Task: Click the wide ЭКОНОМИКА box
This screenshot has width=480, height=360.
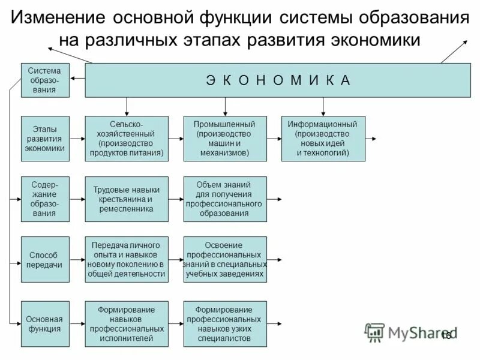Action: [278, 80]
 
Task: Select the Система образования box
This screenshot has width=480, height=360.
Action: [45, 80]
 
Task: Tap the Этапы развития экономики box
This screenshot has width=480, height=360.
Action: [45, 139]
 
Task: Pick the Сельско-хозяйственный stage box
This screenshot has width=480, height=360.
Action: [127, 139]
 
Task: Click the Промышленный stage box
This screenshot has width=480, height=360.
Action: [225, 139]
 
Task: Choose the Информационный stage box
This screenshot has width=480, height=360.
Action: [323, 139]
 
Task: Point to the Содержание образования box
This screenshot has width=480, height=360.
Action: [45, 199]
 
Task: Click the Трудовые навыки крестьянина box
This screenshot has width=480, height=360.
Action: [127, 199]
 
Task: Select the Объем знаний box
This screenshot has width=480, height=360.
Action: [225, 199]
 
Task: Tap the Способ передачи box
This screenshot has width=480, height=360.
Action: [45, 259]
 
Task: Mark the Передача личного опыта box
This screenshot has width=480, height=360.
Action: [127, 259]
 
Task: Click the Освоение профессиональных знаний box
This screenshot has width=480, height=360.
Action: [225, 259]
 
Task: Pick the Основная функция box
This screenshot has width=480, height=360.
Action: [45, 324]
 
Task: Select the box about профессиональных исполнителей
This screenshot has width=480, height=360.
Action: [127, 324]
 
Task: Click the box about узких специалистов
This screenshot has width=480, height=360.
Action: [225, 324]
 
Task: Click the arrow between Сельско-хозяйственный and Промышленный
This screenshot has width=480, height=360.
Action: [176, 139]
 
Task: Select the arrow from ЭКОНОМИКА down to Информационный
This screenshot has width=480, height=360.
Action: [323, 106]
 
